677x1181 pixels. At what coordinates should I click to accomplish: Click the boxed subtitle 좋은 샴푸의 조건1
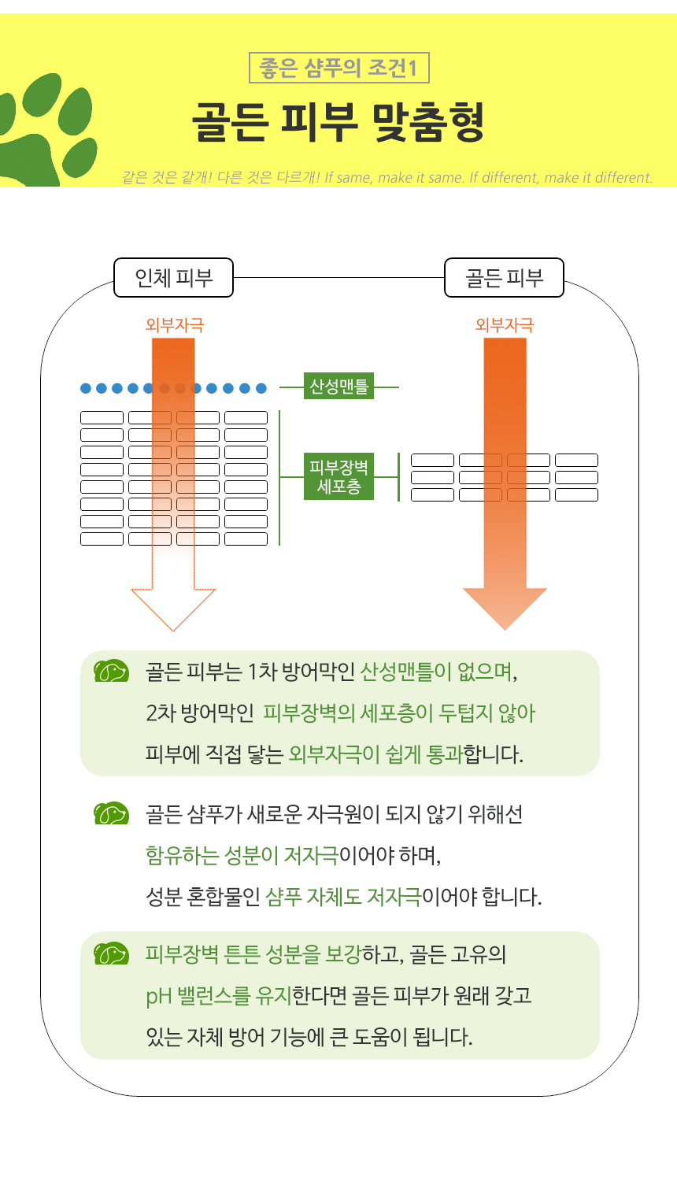tap(338, 68)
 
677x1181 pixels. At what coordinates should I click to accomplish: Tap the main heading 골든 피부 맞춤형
tap(338, 122)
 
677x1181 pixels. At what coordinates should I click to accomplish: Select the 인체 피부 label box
tap(173, 278)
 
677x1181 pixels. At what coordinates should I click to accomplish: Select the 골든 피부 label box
tap(504, 278)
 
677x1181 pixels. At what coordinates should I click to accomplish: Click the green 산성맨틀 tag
tap(338, 387)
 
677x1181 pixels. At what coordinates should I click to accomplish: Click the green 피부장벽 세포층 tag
tap(338, 477)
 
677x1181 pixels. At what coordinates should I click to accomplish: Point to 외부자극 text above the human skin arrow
tap(175, 325)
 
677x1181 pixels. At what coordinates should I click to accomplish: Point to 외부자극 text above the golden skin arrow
tap(504, 325)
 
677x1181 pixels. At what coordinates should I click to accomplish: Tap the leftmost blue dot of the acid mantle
tap(86, 388)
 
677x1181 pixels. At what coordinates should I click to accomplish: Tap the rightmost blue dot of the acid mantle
tap(261, 388)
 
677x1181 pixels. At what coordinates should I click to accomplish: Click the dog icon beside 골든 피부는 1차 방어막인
tap(111, 672)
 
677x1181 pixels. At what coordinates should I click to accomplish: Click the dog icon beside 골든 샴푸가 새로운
tap(111, 813)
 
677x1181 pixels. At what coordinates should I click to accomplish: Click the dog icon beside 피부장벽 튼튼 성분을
tap(111, 954)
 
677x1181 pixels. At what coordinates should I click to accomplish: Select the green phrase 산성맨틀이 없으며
tap(438, 672)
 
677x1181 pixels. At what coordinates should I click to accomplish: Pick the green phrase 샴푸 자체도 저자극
tap(343, 897)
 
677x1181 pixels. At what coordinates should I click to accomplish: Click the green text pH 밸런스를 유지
tap(218, 996)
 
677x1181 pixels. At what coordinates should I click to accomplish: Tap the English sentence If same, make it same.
tap(394, 178)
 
